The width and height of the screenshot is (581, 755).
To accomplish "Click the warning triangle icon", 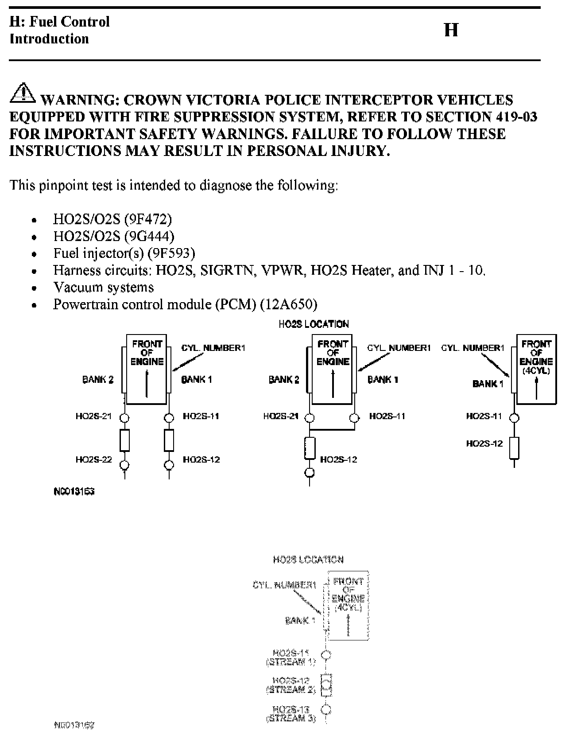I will (x=22, y=92).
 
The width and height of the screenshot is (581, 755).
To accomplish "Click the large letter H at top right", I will (x=451, y=30).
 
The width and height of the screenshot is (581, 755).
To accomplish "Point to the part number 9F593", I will (x=171, y=253).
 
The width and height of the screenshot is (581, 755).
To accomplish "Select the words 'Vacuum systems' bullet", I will (x=104, y=287).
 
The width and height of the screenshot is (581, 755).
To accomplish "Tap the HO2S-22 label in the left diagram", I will (x=93, y=459).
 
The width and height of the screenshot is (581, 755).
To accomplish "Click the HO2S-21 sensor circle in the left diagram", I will (x=124, y=417).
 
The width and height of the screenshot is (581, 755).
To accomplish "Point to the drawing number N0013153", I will (x=74, y=491).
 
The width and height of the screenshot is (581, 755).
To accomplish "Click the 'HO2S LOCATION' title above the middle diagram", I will (x=314, y=324).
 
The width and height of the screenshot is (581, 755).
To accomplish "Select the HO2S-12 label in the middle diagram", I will (x=339, y=459).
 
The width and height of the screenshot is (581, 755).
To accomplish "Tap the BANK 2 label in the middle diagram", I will (x=284, y=379).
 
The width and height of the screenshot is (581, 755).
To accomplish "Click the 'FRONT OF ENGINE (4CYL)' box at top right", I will (x=536, y=369).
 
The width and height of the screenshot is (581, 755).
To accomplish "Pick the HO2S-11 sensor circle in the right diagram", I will (x=514, y=417).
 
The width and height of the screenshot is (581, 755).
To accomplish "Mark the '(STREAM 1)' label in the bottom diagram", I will (x=291, y=662).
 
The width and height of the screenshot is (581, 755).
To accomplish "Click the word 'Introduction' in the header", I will (x=49, y=39).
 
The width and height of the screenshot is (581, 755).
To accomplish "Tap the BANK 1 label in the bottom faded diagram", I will (x=300, y=620).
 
